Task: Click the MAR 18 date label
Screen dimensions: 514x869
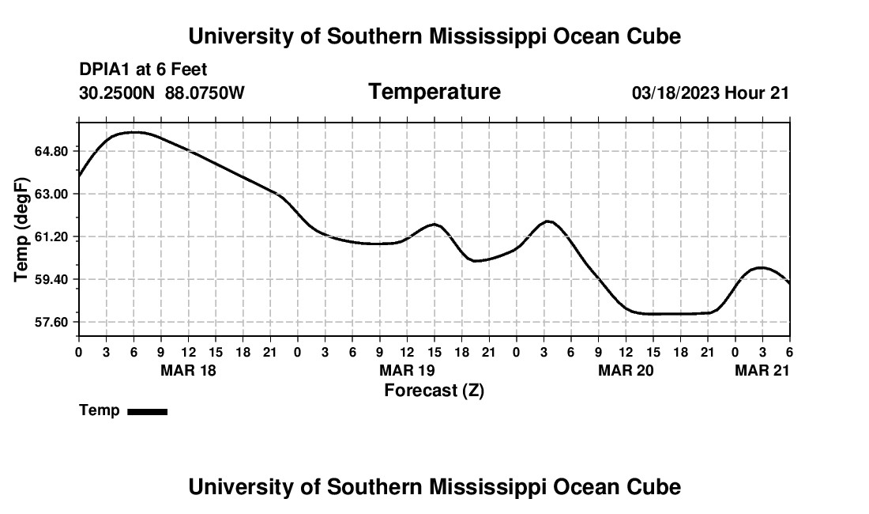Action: pos(188,370)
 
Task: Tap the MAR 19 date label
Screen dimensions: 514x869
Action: pos(407,370)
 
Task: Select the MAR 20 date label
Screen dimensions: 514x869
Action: pos(626,370)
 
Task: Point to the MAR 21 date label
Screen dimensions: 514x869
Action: pos(762,370)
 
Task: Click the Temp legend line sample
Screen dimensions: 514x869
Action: pos(147,411)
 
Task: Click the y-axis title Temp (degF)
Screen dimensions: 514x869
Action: pos(22,229)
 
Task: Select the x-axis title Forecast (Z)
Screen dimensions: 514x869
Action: pos(434,391)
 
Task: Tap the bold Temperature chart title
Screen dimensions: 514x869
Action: pos(434,92)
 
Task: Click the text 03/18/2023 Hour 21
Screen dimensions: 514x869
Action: pos(710,93)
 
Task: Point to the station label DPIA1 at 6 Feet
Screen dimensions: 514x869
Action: pos(143,70)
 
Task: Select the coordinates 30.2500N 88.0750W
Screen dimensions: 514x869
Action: pos(162,93)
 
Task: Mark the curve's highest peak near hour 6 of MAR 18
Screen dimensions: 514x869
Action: pos(134,132)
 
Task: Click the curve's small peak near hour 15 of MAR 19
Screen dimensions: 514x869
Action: pos(434,225)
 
